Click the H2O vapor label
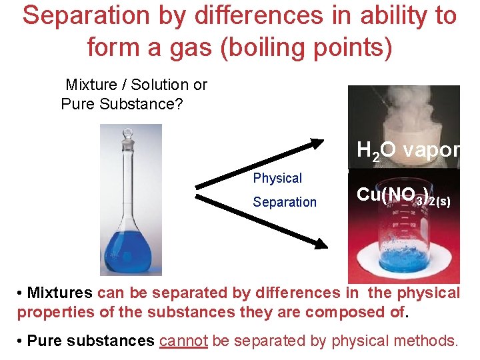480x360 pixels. pos(408,151)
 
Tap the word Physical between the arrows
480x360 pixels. pos(277,178)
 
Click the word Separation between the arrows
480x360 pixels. pos(285,202)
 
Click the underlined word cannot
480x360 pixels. pos(184,341)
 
